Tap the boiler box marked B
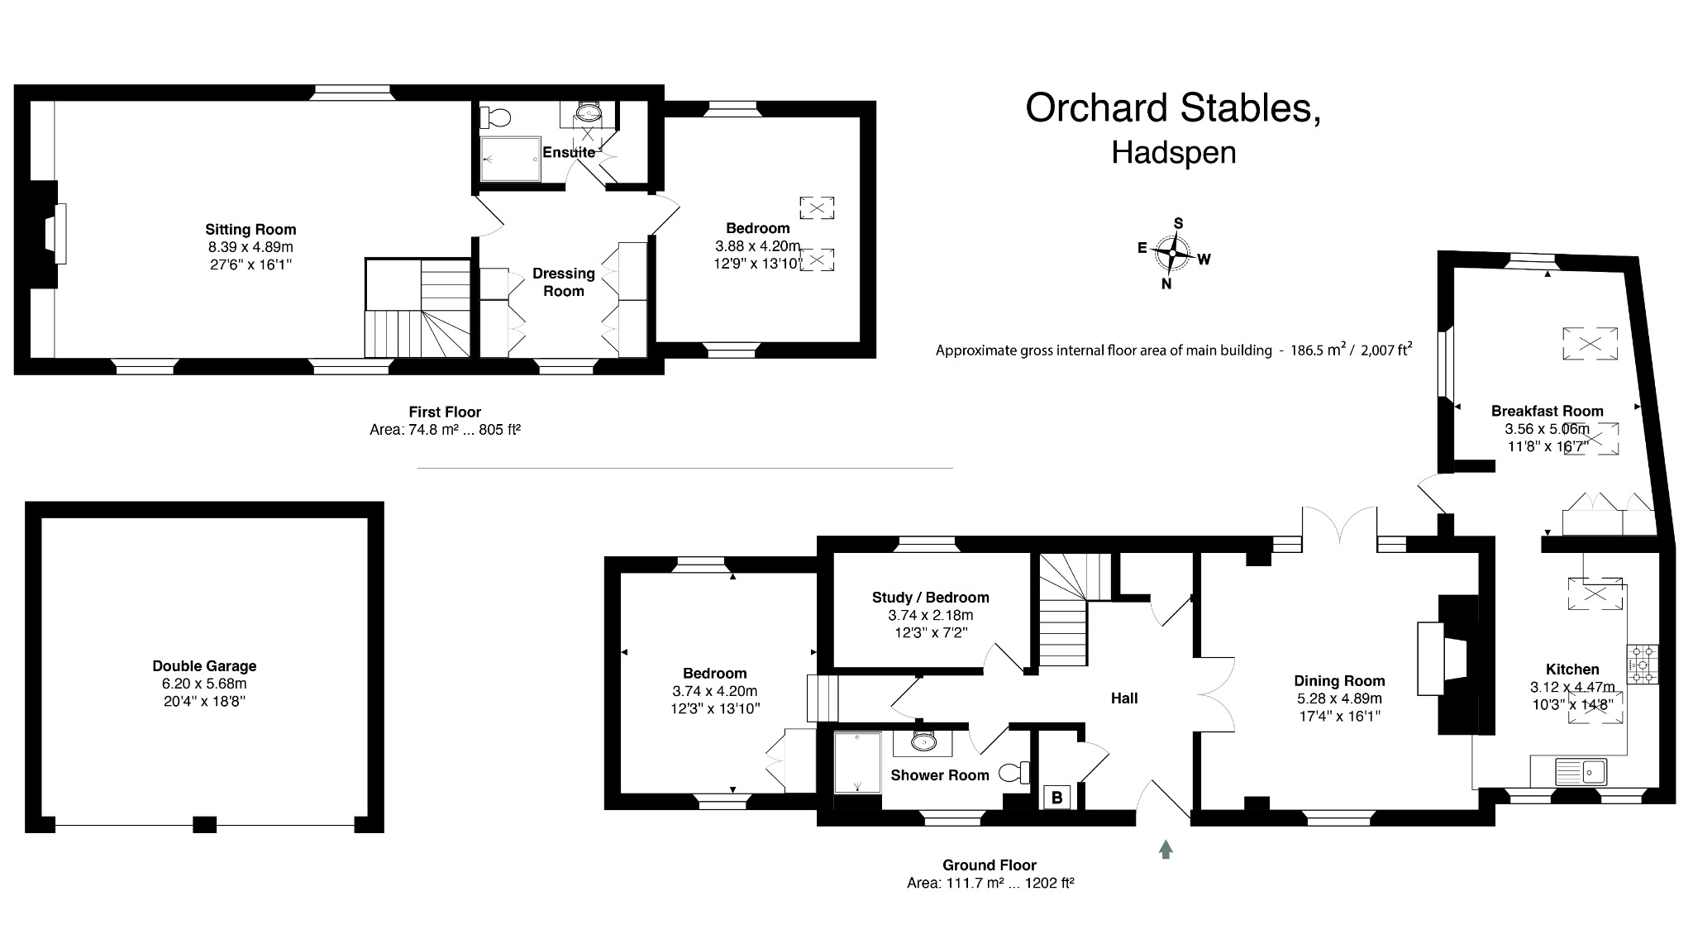(x=1056, y=798)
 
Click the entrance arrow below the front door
(x=1166, y=849)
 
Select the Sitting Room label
(x=250, y=230)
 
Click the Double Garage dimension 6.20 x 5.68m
(x=204, y=684)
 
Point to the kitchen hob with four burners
(x=1643, y=665)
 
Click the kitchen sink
(x=1581, y=772)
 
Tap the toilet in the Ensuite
(x=496, y=118)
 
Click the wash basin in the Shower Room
(x=923, y=742)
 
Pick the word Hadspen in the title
(x=1173, y=154)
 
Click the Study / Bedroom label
(x=930, y=598)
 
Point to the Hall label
(x=1123, y=698)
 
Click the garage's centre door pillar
(x=204, y=824)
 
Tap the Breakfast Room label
(x=1547, y=411)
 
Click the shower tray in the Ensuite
(x=511, y=159)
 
